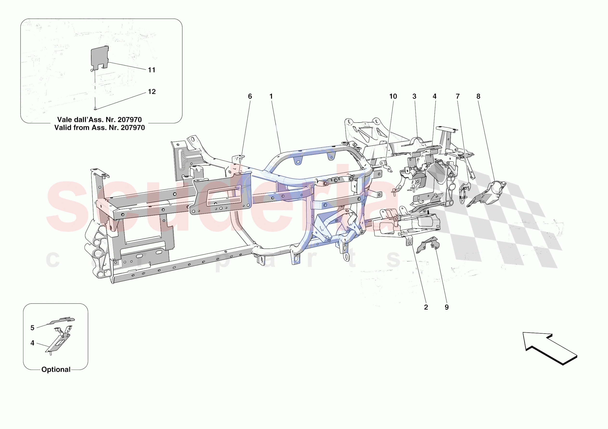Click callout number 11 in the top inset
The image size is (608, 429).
coord(151,70)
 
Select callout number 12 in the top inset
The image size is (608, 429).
coord(151,92)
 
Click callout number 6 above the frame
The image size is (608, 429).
coord(250,97)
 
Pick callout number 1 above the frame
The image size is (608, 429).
coord(271,97)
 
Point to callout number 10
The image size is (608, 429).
coord(393,97)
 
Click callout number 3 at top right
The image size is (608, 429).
coord(414,97)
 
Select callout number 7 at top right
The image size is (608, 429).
coord(458,97)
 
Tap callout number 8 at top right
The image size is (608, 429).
coord(478,97)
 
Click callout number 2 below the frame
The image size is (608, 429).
coord(426,307)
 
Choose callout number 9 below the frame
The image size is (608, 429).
coord(447,307)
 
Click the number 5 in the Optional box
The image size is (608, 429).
coord(32,328)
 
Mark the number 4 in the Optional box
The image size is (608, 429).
coord(32,343)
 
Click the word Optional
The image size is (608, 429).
coord(56,369)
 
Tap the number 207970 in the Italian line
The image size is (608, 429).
coord(129,120)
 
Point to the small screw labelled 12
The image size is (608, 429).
coord(95,108)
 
